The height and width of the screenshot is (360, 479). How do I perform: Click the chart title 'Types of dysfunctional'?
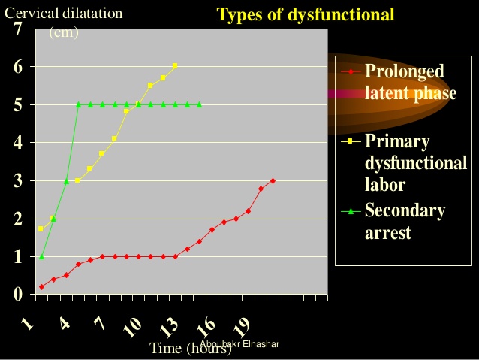point(305,15)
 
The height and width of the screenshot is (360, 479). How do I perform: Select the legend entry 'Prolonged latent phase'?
point(410,82)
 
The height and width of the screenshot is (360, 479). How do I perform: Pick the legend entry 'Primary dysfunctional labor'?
point(415,162)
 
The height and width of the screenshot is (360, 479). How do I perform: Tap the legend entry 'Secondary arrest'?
point(405,221)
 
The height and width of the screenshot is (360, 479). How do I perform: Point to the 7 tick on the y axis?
point(17,29)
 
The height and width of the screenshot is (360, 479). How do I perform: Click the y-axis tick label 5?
point(17,105)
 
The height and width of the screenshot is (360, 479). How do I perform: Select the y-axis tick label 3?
point(17,181)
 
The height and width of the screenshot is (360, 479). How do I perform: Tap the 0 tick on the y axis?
point(17,295)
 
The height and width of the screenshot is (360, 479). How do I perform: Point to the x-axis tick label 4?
point(65,325)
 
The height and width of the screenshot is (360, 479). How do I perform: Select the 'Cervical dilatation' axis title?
point(63,14)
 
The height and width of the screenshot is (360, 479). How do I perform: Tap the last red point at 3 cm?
point(273,180)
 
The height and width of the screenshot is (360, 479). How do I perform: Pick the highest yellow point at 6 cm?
point(175,66)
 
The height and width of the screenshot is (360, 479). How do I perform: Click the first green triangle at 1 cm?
point(41,256)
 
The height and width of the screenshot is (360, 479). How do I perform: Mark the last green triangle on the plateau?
point(199,104)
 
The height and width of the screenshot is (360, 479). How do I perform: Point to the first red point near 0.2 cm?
point(41,286)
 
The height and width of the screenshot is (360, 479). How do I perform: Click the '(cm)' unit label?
point(64,32)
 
